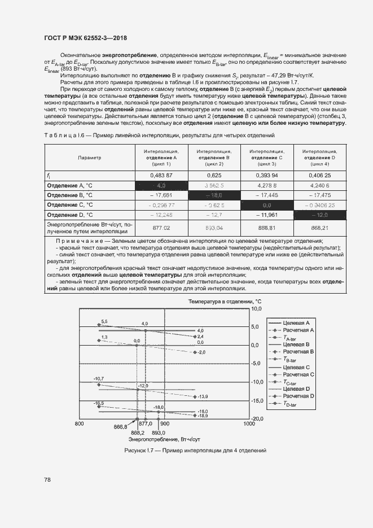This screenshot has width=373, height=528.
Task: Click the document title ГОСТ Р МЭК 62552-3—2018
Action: [x=85, y=38]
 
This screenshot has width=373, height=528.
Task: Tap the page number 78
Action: [x=47, y=479]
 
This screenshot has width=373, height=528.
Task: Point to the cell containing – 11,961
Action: [x=267, y=214]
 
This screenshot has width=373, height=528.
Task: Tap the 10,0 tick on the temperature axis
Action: [x=257, y=309]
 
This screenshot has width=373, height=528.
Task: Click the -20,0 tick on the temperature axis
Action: [x=257, y=418]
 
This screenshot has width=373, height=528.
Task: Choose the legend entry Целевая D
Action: [x=296, y=389]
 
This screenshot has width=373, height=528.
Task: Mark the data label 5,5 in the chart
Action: [x=104, y=321]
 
